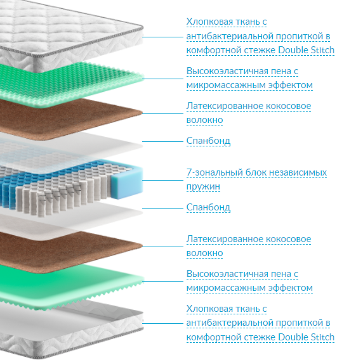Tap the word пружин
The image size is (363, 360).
203,186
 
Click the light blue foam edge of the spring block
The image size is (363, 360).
127,183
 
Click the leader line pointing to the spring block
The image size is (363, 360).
162,180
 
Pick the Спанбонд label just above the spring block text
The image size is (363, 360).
208,141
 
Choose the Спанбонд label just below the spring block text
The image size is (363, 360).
208,207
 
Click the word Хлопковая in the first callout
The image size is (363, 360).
209,22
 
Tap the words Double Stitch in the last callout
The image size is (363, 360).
307,337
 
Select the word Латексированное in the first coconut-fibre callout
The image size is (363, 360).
224,106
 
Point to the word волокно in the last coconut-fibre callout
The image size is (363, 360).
204,253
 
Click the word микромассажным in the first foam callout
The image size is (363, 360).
226,86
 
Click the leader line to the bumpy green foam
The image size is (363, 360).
162,79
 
